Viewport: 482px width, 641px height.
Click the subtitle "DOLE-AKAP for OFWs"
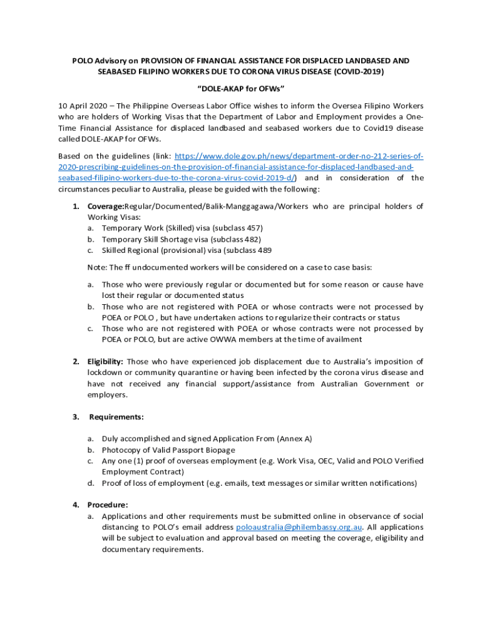pos(241,88)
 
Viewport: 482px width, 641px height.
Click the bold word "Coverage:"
pos(105,206)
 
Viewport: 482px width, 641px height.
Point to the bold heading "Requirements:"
pos(116,417)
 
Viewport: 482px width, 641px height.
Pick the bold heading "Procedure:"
pos(108,505)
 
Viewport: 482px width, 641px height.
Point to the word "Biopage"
pos(218,450)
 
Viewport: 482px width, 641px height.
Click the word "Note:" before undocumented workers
pos(97,267)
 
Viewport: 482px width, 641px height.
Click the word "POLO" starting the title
pos(82,61)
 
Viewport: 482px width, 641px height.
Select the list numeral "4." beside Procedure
pos(76,505)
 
